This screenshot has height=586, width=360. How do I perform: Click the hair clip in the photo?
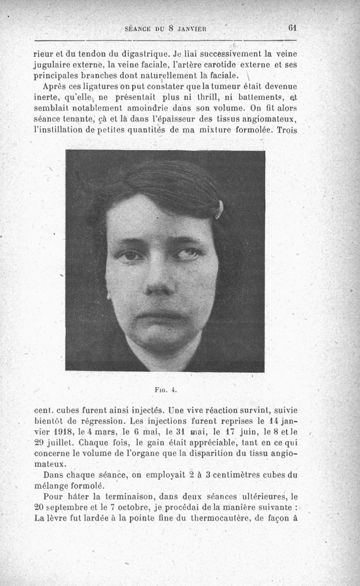click(x=219, y=209)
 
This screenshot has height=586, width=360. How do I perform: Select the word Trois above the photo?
click(x=287, y=130)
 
